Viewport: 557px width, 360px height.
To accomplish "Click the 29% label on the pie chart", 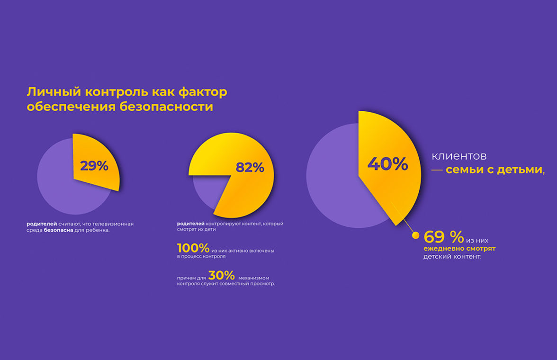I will click(94, 166).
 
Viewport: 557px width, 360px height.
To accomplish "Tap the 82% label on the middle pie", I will click(250, 168).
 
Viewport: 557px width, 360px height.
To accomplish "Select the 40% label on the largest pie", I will click(387, 164).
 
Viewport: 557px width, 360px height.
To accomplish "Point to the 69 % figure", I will click(443, 237).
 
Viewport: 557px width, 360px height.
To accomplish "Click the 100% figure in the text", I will click(193, 248).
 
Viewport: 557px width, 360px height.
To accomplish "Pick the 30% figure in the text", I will click(221, 276).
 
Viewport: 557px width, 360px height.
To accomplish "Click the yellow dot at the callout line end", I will click(416, 235).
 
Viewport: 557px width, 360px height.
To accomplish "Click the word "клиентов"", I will click(459, 156).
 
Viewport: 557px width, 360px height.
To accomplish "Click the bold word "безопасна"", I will click(58, 230).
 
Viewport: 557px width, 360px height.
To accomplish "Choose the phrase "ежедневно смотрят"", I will click(459, 248).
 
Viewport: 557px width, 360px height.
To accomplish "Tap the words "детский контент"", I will click(452, 257).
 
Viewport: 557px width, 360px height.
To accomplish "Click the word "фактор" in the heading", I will click(203, 92).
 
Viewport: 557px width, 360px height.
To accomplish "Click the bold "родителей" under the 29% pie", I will click(42, 224).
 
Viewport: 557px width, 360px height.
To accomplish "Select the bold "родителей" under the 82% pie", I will click(191, 224).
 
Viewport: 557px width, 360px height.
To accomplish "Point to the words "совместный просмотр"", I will click(250, 284).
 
